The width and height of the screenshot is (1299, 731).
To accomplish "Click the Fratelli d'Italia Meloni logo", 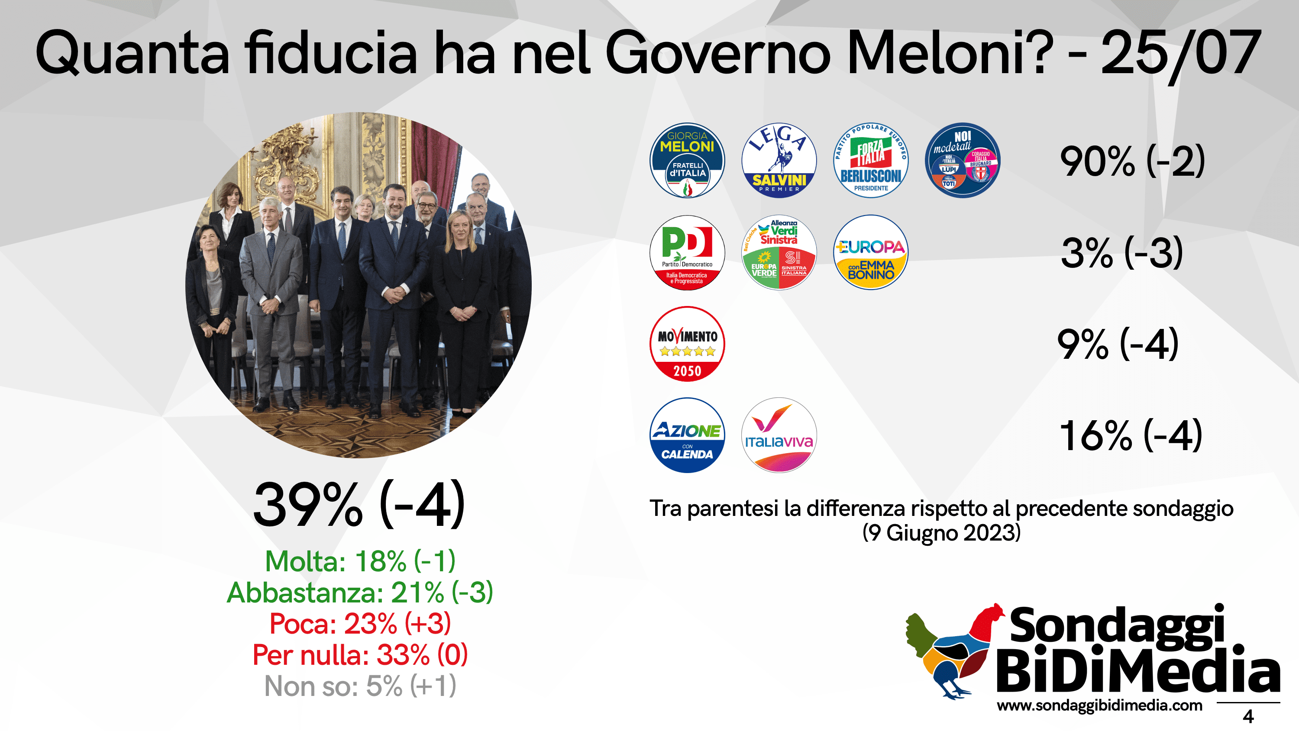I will coord(687,160).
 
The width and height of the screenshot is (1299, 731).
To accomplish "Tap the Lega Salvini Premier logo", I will coord(779,160).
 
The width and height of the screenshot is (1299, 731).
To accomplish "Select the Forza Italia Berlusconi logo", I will coord(870,160).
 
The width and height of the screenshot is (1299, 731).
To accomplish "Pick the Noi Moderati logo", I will coord(962,160).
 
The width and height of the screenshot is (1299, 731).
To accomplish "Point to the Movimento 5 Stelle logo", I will coord(687,344).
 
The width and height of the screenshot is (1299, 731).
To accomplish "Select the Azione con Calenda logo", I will coord(687,435).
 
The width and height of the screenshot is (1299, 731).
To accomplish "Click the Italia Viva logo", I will coord(779,435).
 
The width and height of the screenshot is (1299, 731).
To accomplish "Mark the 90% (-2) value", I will coord(1132,161).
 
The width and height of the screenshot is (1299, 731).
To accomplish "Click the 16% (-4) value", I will coord(1131,435).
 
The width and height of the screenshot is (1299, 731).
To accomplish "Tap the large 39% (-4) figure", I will coord(359,505).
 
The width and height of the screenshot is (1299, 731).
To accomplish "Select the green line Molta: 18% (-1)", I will coord(360,561).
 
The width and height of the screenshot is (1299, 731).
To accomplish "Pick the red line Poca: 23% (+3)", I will coord(360,624).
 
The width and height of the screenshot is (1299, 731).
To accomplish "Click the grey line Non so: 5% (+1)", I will coord(360,686).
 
